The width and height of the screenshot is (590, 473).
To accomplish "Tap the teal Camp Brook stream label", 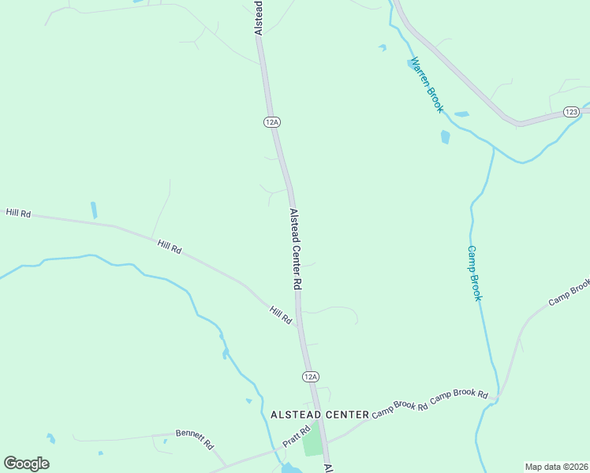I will tap(474, 273).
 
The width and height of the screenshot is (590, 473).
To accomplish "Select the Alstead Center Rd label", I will tap(297, 248).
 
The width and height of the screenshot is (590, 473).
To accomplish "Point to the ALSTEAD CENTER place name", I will tap(319, 414).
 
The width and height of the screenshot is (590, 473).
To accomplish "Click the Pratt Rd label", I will tap(296, 437).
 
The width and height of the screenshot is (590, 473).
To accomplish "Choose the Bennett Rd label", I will tap(195, 438).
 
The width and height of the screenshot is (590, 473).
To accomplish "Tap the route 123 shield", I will tap(572, 112).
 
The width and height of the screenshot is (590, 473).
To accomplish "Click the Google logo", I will tap(26, 463).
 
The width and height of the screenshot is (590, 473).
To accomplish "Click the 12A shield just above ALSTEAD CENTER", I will tap(311, 377).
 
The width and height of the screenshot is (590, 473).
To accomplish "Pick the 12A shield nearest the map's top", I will tap(272, 121).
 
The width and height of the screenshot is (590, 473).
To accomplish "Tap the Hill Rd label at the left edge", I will tap(17, 213).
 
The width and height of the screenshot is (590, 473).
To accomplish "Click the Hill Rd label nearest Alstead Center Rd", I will tap(281, 315).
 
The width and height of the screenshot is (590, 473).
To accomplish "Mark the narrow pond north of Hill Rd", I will tap(94, 210).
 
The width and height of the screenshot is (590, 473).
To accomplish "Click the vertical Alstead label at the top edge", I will tap(258, 17).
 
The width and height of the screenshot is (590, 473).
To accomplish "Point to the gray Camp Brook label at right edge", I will tap(569, 292).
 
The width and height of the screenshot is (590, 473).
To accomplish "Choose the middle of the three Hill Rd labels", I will tap(170, 247).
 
